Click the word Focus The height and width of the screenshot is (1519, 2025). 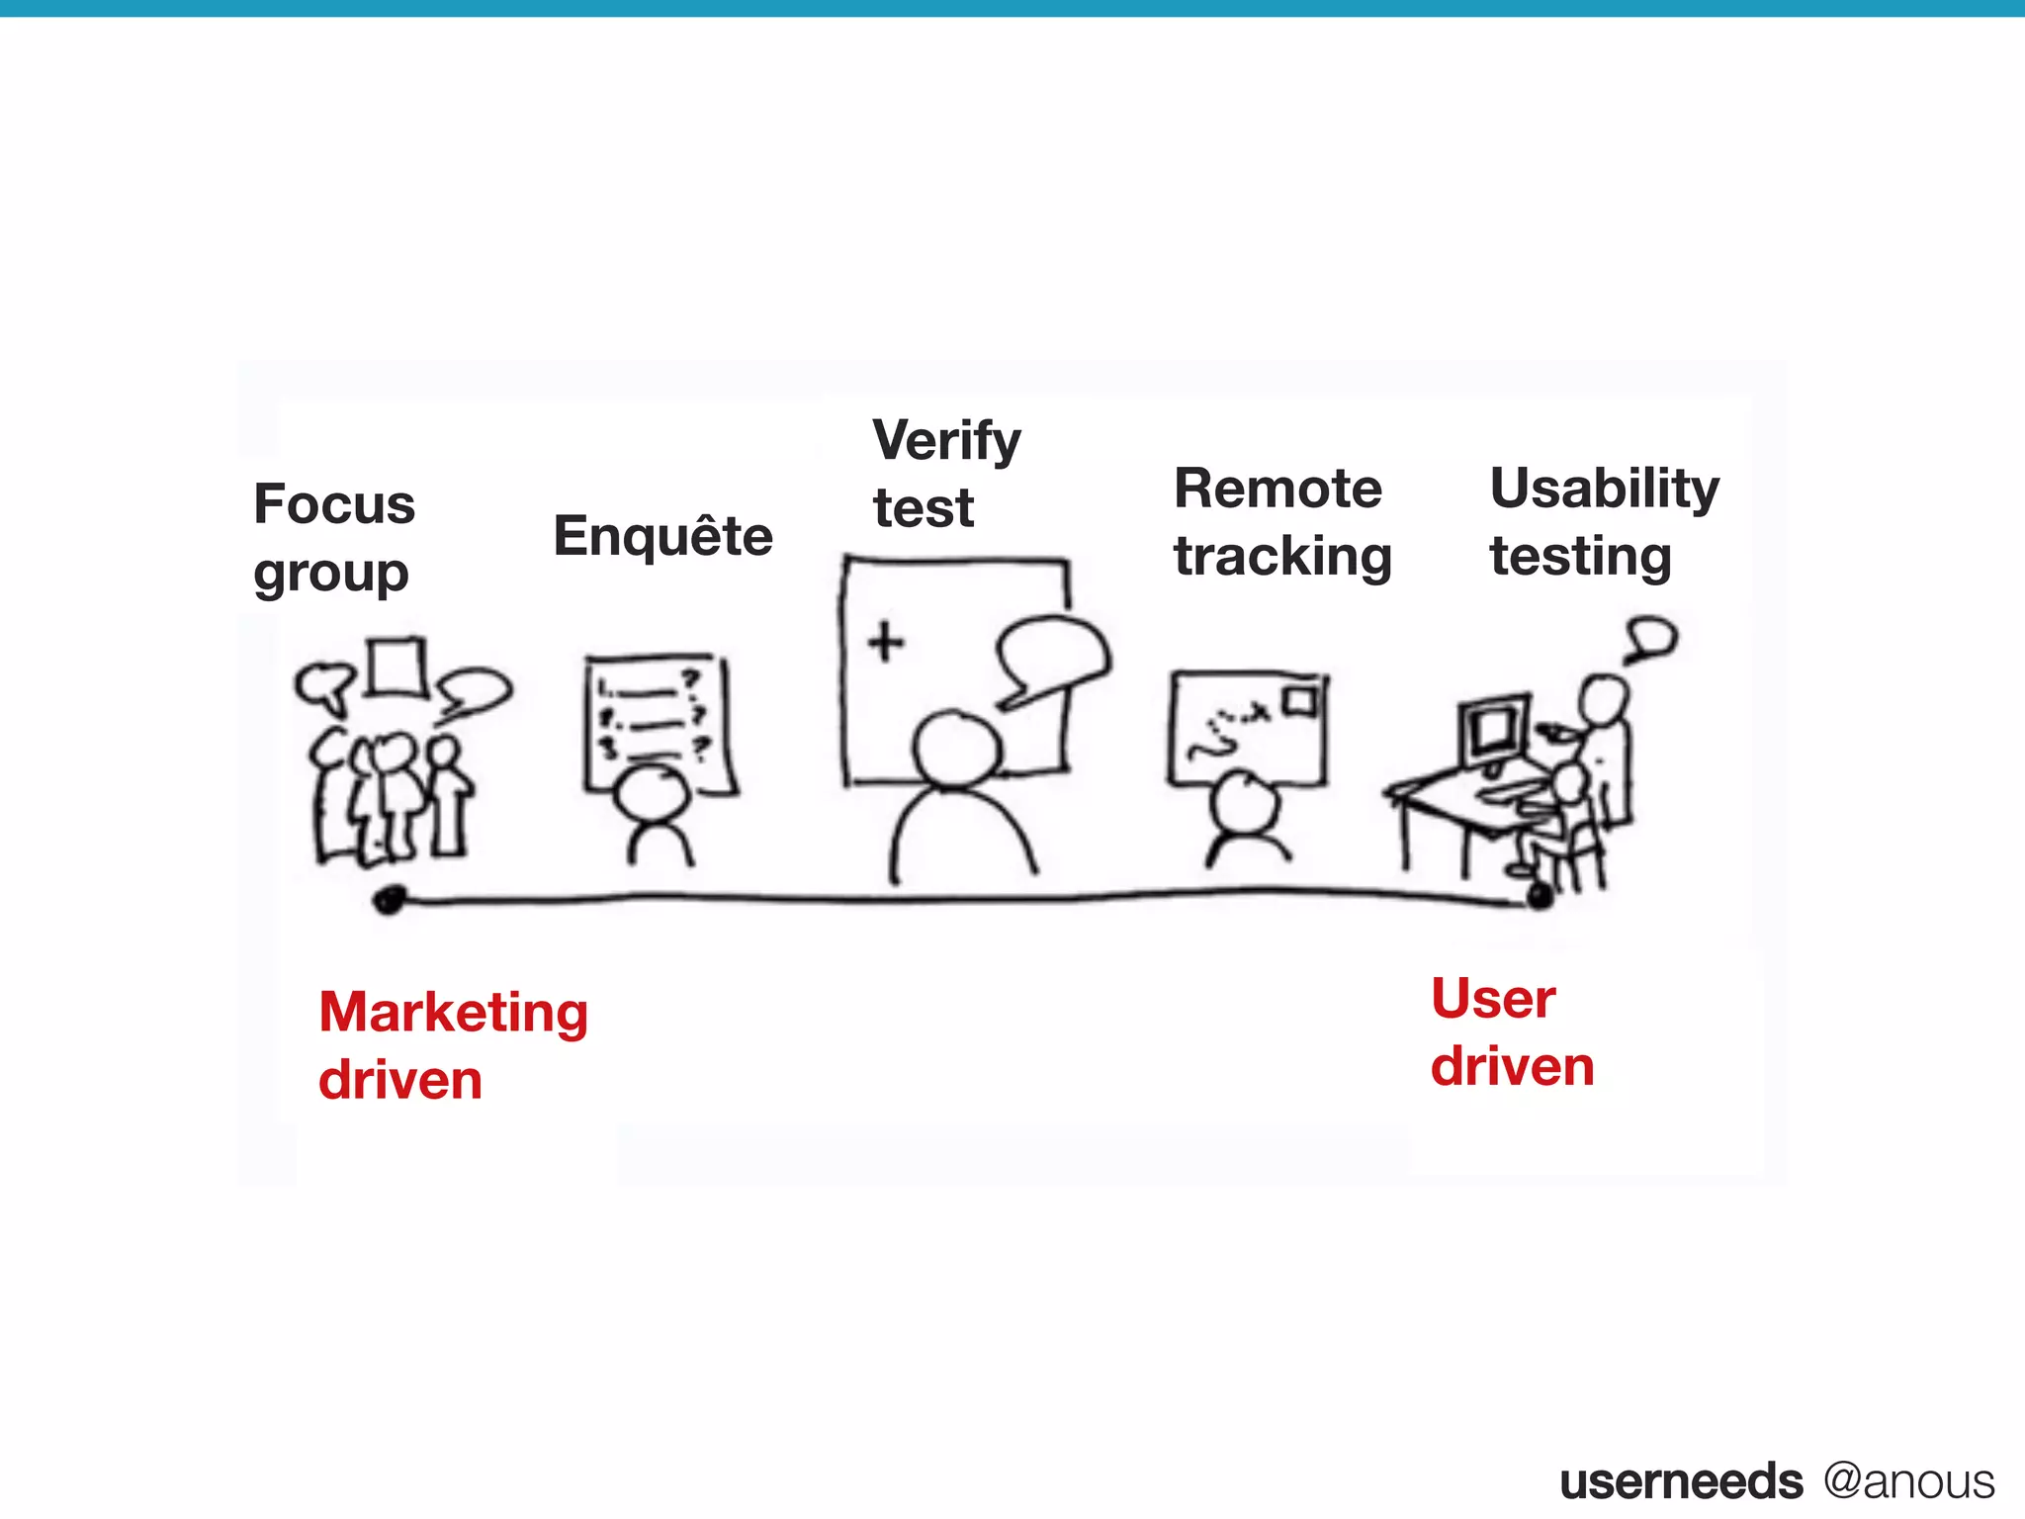[x=334, y=504]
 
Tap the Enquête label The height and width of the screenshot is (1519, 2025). [x=662, y=536]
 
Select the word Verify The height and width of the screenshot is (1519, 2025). [x=946, y=441]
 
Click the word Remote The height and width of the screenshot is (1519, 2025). [x=1277, y=489]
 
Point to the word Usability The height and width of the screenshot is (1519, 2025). [x=1604, y=489]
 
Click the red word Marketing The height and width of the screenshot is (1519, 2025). [x=453, y=1013]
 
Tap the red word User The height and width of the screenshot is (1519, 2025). [x=1493, y=999]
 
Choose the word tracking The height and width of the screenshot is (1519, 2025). [x=1282, y=556]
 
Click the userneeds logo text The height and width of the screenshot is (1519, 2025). [x=1681, y=1481]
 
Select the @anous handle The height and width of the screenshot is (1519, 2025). [x=1908, y=1481]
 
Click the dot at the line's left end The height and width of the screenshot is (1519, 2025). [x=390, y=900]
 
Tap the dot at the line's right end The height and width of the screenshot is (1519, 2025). [x=1540, y=896]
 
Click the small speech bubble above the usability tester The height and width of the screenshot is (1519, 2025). [x=1651, y=637]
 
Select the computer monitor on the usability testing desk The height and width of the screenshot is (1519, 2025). [x=1493, y=732]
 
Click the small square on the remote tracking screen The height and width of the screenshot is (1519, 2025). [x=1301, y=701]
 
